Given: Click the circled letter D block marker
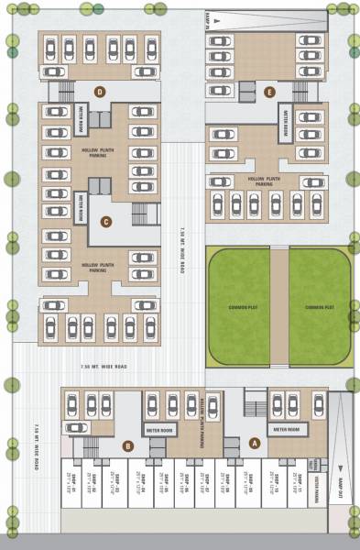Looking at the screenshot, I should [100, 89].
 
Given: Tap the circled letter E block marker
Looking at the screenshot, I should [268, 92].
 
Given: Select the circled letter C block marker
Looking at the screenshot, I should [106, 220].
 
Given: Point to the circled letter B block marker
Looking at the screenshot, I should [128, 446].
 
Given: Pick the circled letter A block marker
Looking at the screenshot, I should [255, 441].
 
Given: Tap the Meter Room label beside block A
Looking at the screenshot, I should [281, 429].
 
